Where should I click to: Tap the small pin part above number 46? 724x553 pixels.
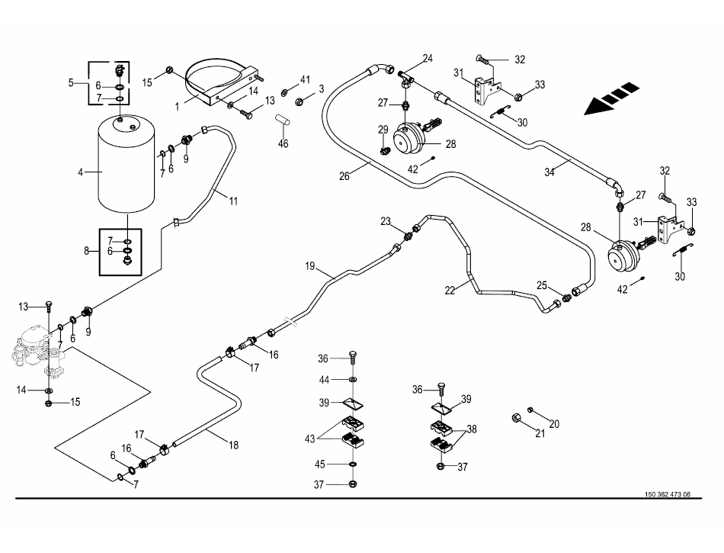tap(282, 121)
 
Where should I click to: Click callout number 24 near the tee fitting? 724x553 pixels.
tap(428, 59)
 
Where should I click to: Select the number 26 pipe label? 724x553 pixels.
tap(344, 175)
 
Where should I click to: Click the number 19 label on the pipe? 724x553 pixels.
tap(310, 266)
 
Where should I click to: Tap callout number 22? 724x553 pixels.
tap(450, 290)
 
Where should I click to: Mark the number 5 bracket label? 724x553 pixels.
tap(72, 82)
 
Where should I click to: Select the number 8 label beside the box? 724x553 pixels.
tap(85, 250)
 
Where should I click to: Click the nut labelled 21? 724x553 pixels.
tap(517, 418)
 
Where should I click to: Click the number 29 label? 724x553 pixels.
tap(383, 129)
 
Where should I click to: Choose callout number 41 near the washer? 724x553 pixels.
tap(305, 80)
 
